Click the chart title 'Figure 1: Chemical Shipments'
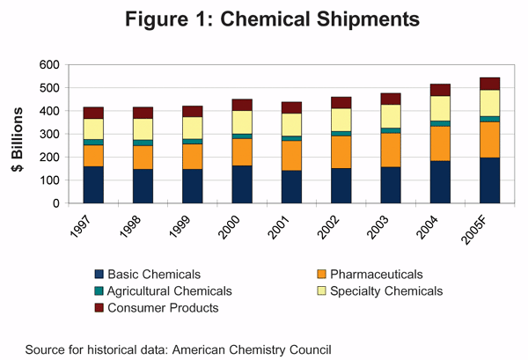[x=264, y=18]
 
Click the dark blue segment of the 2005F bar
[x=490, y=180]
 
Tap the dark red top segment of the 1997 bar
[x=94, y=113]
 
